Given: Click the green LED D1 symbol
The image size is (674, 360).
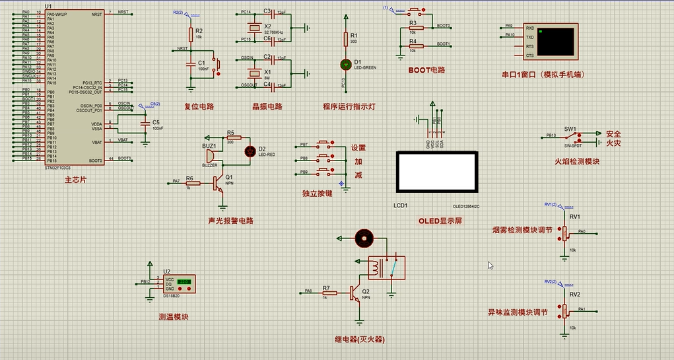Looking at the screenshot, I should tap(345, 64).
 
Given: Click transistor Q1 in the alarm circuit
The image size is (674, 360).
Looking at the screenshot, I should tap(219, 184).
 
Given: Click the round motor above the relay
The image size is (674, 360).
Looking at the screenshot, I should tap(363, 237).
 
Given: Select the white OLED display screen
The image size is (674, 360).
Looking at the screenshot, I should tap(436, 172).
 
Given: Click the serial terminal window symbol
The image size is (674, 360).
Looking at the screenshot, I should tap(549, 42).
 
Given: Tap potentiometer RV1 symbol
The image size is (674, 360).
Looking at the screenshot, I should tap(565, 232).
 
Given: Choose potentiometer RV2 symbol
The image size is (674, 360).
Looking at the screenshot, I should tap(565, 309).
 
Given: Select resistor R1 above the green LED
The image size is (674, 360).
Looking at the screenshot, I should tap(345, 38).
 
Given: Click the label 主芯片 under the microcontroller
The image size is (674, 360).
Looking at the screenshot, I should tap(75, 180).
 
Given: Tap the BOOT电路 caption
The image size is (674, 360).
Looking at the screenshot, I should tap(426, 70).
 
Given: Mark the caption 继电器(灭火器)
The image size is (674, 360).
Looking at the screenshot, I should tap(359, 340).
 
